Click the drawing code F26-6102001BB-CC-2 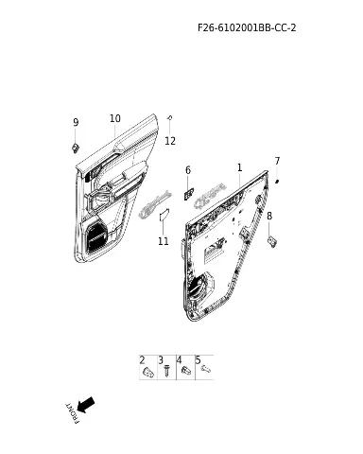click(247, 27)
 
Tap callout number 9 click(76, 122)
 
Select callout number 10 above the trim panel click(115, 118)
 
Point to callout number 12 click(170, 141)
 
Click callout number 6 click(188, 170)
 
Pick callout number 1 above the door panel click(239, 167)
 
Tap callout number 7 click(277, 161)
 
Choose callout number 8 click(269, 216)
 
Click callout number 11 click(164, 241)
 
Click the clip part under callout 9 click(76, 148)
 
